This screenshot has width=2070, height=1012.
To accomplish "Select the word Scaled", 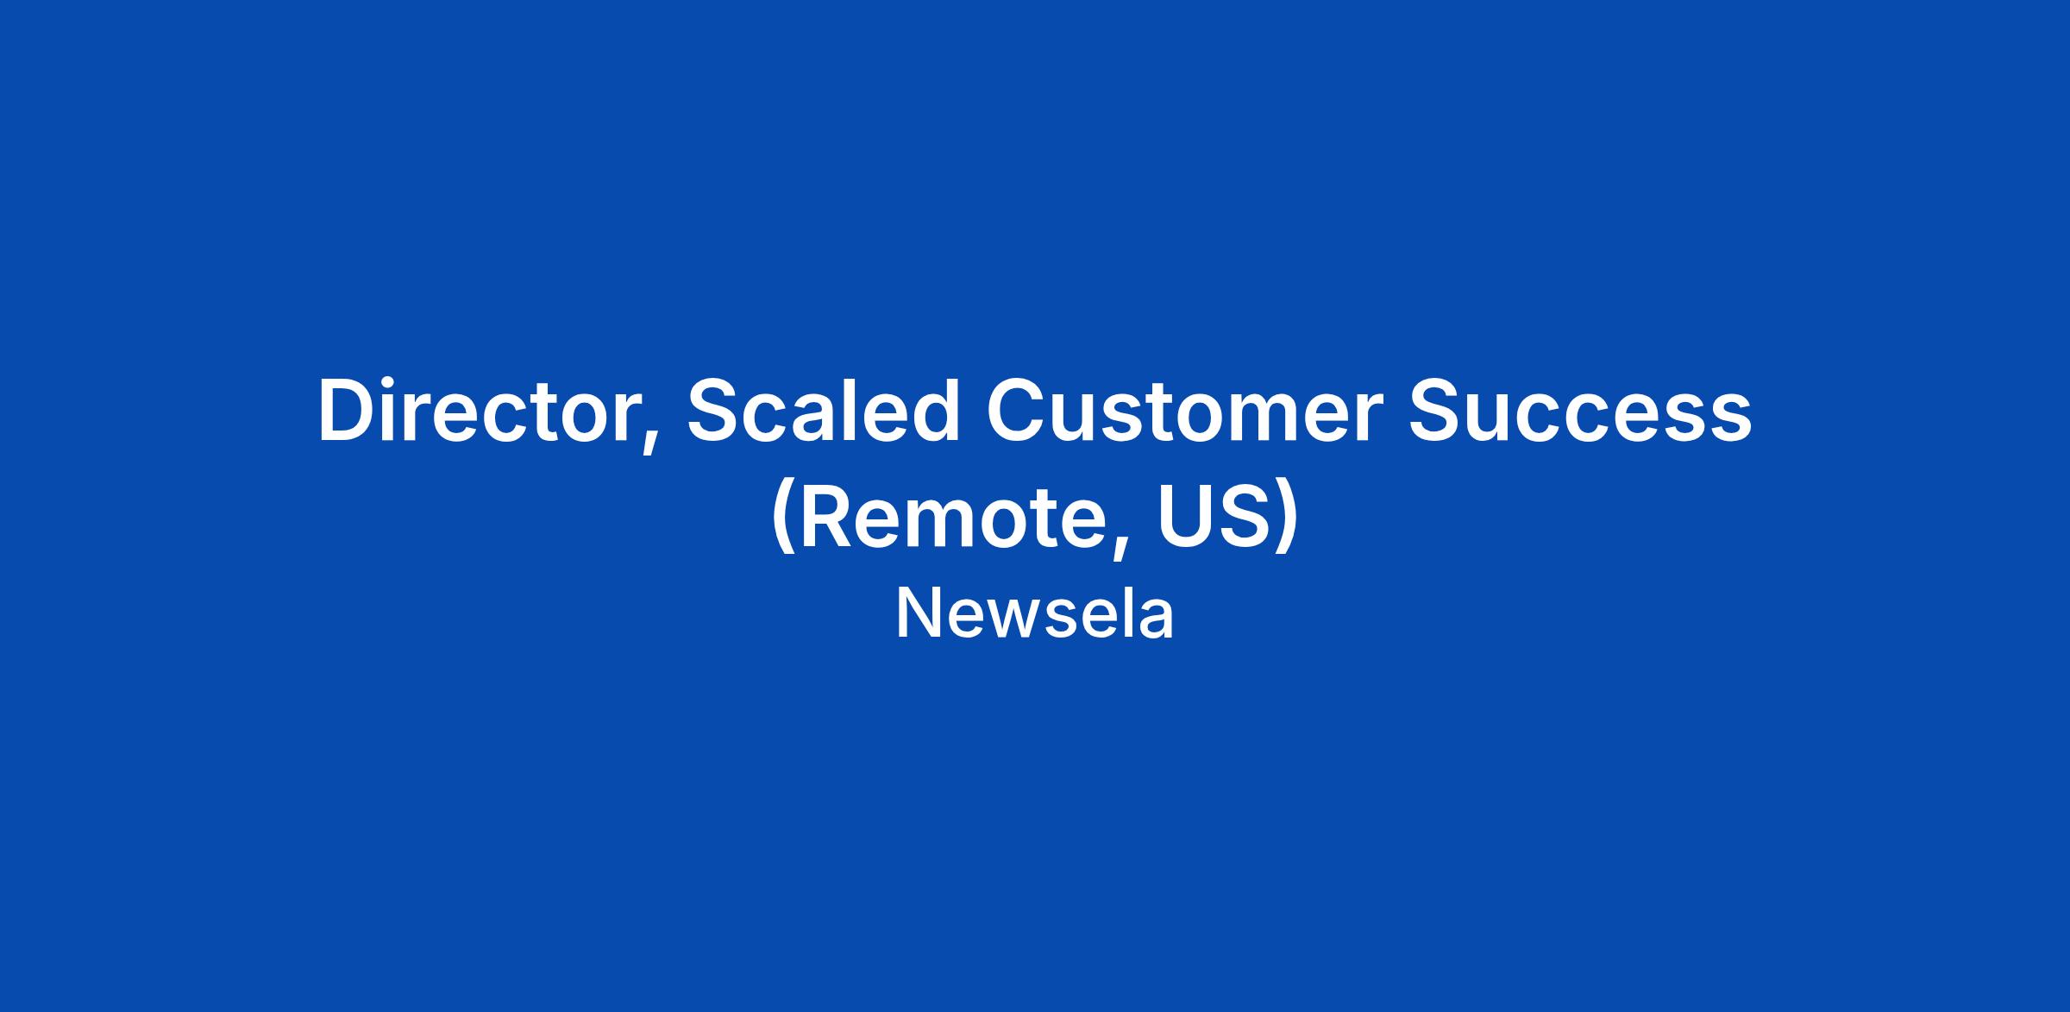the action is coord(824,411).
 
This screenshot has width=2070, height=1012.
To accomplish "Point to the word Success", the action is coord(1580,412).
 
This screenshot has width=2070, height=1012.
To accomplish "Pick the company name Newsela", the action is coord(1035,613).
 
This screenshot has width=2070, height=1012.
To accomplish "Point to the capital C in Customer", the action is coord(1017,412).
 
